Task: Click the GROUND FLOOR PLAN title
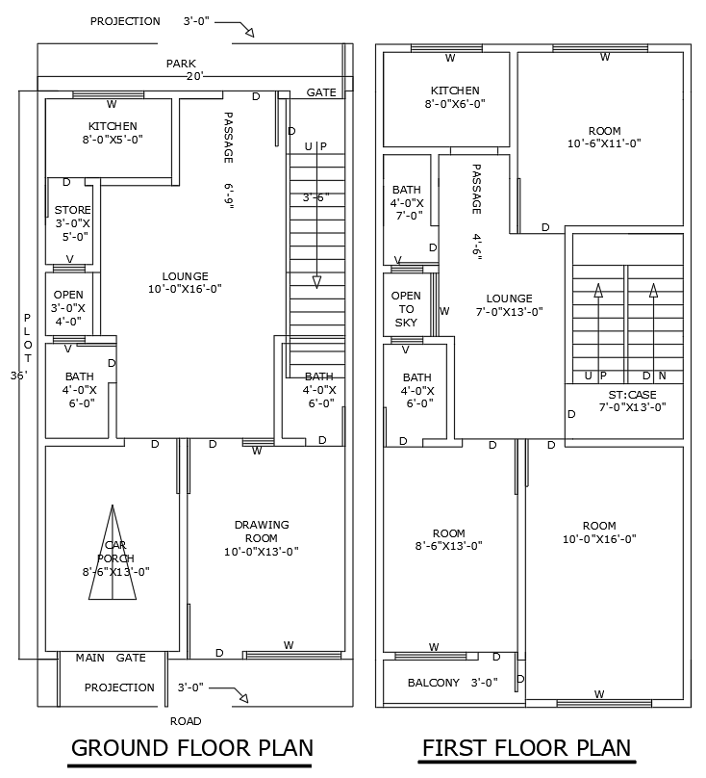click(192, 748)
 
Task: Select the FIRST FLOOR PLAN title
click(526, 748)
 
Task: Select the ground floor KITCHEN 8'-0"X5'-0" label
click(113, 133)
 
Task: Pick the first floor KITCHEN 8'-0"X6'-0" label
click(448, 96)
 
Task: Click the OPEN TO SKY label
click(406, 309)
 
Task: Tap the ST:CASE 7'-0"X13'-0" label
click(632, 401)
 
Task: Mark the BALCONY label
click(433, 683)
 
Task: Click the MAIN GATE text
click(111, 658)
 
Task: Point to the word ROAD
click(186, 720)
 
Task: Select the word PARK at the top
click(181, 64)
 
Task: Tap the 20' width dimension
click(194, 76)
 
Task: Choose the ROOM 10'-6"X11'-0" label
click(604, 137)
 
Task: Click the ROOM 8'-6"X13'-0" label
click(448, 539)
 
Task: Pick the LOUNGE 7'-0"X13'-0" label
click(509, 304)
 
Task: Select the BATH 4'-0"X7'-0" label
click(406, 202)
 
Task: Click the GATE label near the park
click(321, 92)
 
